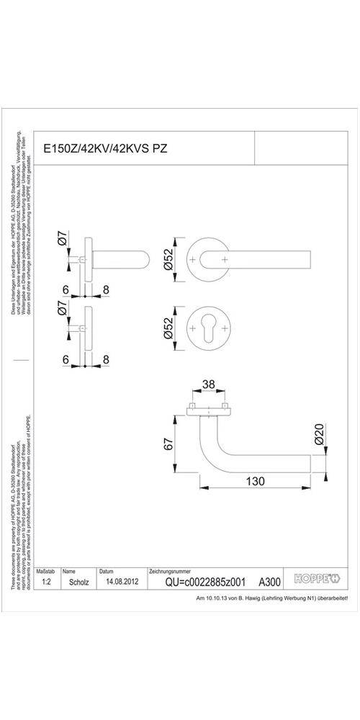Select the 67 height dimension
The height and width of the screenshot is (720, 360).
(170, 445)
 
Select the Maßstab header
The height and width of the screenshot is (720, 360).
(46, 570)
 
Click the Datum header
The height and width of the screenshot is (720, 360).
(107, 570)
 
